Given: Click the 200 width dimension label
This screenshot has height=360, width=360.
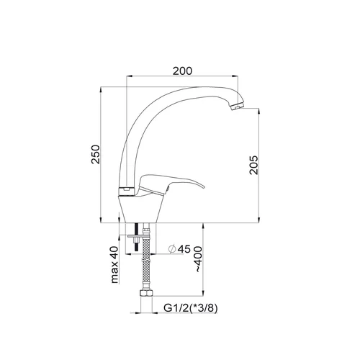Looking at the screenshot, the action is click(183, 71).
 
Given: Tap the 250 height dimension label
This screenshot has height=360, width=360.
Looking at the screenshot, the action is click(96, 154).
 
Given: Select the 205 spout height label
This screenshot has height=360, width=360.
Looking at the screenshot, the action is click(253, 165).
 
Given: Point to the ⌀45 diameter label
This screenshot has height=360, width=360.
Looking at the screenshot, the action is click(179, 249).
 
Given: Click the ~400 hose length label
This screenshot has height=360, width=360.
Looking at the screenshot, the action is click(199, 258).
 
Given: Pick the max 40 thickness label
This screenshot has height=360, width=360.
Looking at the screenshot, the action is click(114, 265).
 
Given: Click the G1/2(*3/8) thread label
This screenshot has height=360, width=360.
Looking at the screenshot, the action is click(191, 308).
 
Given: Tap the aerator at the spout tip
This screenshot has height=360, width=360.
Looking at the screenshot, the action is click(237, 106).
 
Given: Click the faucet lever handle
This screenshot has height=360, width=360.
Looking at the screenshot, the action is click(171, 184).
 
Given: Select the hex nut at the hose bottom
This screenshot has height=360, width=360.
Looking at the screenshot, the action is click(145, 293).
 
